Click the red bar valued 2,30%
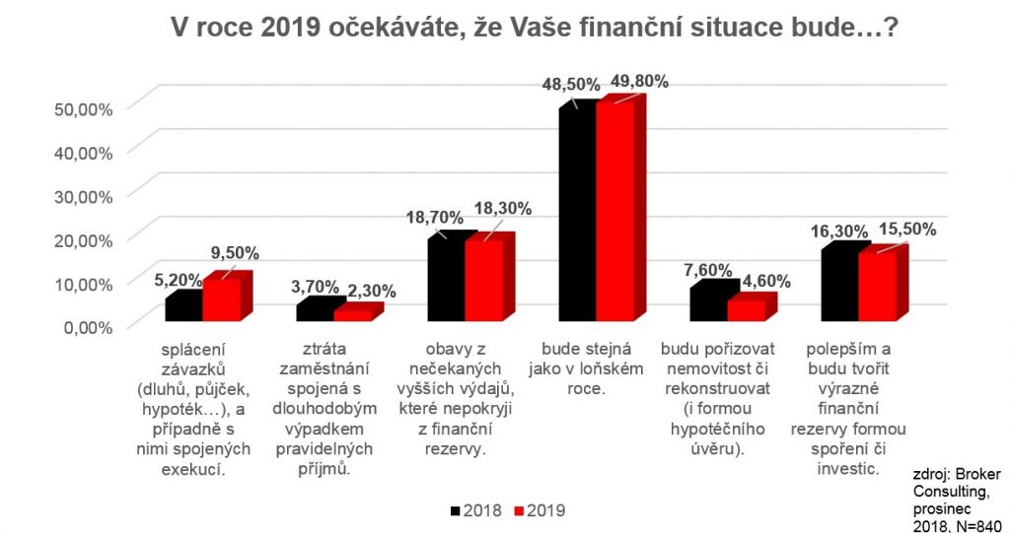click(x=352, y=315)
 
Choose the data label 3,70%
click(x=313, y=287)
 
